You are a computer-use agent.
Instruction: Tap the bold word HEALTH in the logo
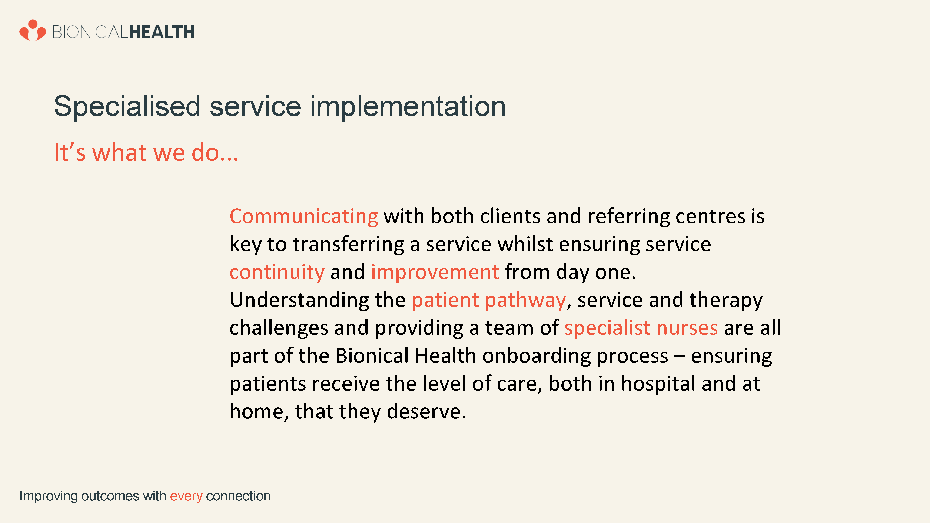click(x=161, y=32)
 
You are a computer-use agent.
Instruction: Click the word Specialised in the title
click(x=127, y=107)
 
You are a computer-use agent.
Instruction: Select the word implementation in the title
click(x=408, y=107)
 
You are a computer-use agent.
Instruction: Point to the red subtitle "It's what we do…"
click(x=146, y=152)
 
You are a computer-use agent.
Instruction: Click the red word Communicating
click(x=304, y=217)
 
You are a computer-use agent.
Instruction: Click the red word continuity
click(x=277, y=272)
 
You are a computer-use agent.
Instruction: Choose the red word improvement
click(x=435, y=272)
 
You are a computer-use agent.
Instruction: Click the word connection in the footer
click(x=238, y=496)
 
